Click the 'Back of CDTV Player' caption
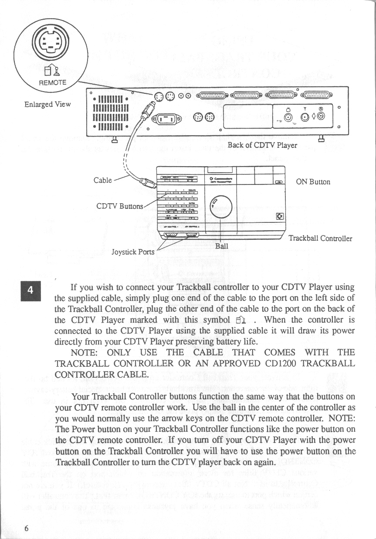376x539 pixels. click(262, 145)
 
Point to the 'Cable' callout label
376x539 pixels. click(103, 180)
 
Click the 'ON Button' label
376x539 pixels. click(313, 182)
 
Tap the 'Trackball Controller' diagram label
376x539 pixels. click(320, 239)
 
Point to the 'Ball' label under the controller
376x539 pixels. click(222, 246)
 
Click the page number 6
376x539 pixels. click(27, 528)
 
